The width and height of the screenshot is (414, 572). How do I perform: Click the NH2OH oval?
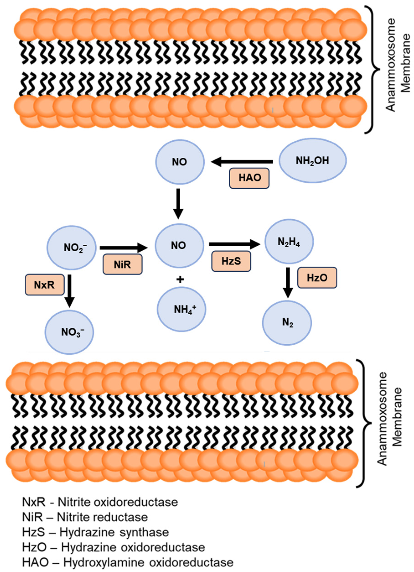[x=313, y=160]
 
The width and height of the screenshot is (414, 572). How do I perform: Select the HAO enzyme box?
[x=249, y=178]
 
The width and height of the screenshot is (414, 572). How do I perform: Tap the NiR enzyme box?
[x=122, y=264]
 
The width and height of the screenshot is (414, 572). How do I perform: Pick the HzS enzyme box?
[x=231, y=261]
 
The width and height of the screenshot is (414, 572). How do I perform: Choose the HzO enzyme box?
[x=317, y=278]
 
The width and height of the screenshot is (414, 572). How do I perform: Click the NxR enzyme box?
[x=44, y=284]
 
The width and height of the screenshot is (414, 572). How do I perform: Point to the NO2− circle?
[x=72, y=247]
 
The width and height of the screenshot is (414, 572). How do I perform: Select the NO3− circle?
[x=69, y=332]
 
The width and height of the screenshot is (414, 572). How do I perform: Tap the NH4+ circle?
[x=181, y=309]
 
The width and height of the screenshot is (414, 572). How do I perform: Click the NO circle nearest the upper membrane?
[x=180, y=162]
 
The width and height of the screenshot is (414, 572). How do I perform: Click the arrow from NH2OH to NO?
[x=242, y=162]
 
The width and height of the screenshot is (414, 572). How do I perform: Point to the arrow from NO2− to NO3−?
[x=69, y=290]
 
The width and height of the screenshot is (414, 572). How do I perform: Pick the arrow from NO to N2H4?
[x=234, y=244]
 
